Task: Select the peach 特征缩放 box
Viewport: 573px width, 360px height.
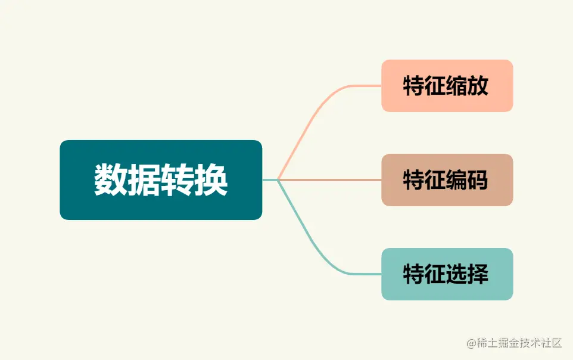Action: click(x=447, y=86)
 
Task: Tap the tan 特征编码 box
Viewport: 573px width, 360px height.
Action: click(x=447, y=180)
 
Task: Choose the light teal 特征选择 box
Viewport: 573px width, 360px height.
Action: click(x=447, y=274)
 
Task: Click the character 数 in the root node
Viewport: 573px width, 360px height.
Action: click(x=111, y=180)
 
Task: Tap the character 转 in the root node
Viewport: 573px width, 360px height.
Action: click(x=177, y=180)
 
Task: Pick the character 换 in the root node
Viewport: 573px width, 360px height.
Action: click(x=211, y=180)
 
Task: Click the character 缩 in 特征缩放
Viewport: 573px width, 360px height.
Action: click(x=457, y=86)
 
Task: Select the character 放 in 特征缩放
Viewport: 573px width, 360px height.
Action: click(x=478, y=86)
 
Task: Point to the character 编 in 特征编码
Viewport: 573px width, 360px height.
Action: click(x=457, y=180)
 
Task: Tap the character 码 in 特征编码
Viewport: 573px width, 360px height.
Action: click(x=478, y=180)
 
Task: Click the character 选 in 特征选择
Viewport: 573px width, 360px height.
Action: click(x=457, y=274)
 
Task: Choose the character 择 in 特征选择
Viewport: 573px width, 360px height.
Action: click(x=478, y=274)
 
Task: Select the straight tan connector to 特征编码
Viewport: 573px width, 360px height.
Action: click(x=334, y=179)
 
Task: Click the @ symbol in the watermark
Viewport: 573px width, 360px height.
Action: click(x=471, y=343)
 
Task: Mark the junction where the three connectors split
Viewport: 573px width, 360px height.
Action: click(x=278, y=179)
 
